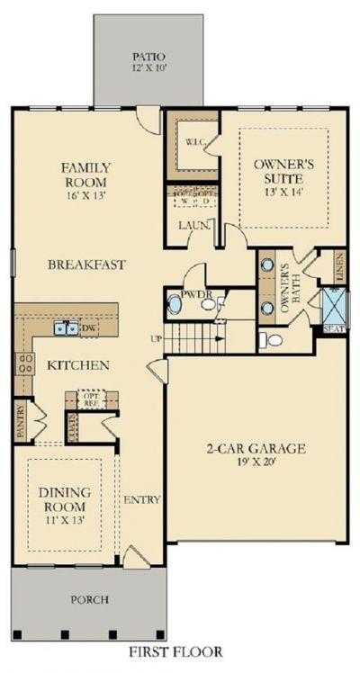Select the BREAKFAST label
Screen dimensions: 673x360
86,265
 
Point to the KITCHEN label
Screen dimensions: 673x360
78,365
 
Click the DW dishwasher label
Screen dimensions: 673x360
88,329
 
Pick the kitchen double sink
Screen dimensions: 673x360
64,329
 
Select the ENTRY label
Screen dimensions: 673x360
141,499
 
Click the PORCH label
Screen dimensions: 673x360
92,599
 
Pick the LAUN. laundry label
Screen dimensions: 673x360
193,226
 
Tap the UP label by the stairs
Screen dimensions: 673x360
156,339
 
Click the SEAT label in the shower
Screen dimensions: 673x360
333,329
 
